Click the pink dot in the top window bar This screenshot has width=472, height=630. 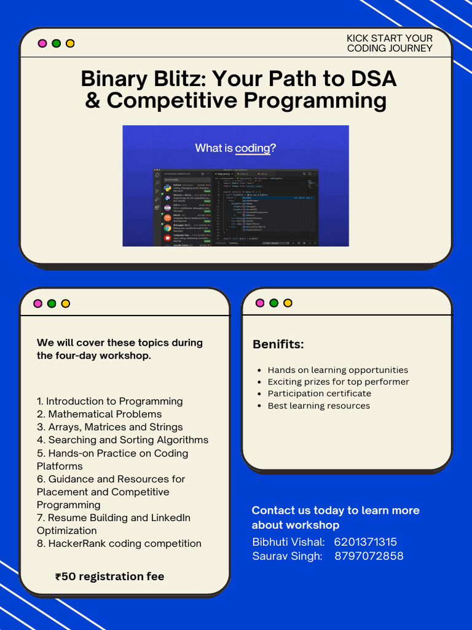point(42,44)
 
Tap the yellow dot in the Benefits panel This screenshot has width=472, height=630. point(288,303)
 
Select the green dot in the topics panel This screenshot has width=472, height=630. point(52,303)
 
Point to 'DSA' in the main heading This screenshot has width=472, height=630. point(374,79)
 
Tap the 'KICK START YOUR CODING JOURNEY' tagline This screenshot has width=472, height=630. point(390,43)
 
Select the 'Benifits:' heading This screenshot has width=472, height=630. point(278,345)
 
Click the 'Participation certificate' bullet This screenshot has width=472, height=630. point(320,394)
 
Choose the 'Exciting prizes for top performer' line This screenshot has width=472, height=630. point(338,382)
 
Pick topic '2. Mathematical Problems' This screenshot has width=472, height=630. point(99,414)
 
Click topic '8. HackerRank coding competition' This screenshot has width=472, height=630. point(119,543)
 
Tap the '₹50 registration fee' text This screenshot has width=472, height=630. point(109,576)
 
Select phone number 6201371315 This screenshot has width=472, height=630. point(366,542)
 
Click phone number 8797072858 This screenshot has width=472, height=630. point(369,556)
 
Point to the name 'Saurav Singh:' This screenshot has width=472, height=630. point(287,556)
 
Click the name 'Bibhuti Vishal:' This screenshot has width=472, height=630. point(288,542)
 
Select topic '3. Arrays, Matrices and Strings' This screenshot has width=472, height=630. point(109,427)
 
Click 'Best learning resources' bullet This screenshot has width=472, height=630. point(319,406)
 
